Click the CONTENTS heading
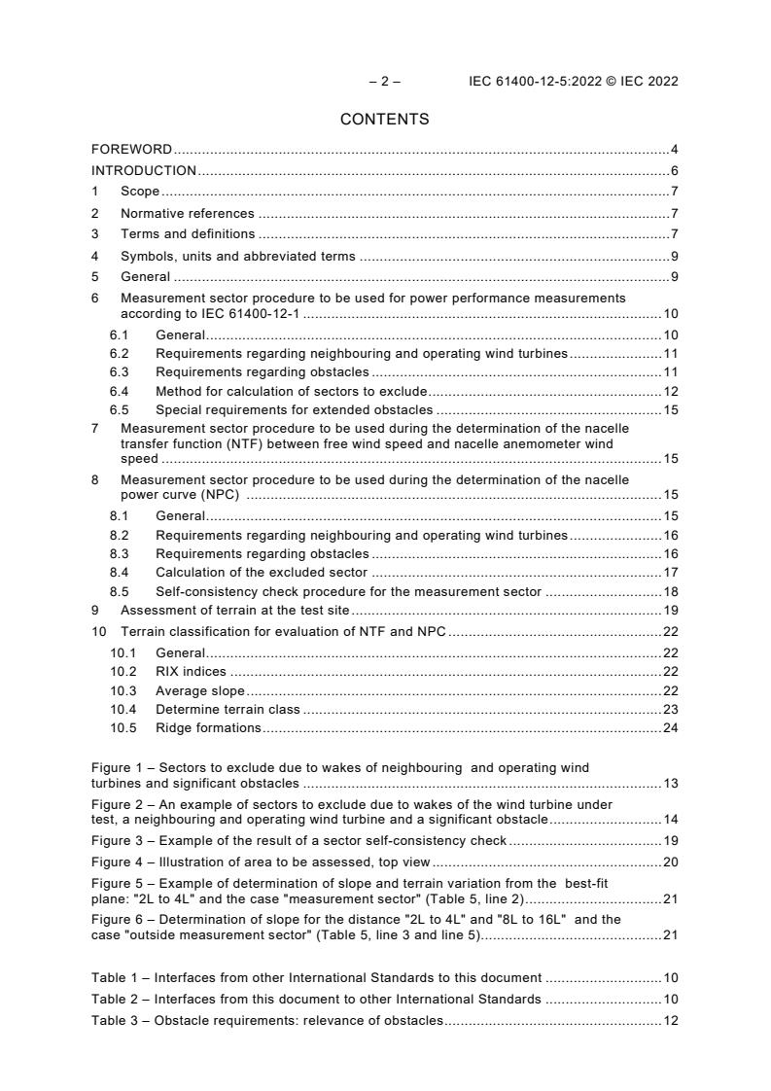tap(384, 120)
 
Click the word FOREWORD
tap(131, 150)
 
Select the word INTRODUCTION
tap(144, 171)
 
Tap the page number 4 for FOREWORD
tap(674, 150)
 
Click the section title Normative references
tap(187, 213)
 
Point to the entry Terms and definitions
tap(187, 234)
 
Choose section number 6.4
tap(120, 392)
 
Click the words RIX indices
tap(191, 672)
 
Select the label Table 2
tap(115, 999)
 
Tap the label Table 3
tap(115, 1020)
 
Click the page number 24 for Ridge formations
tap(670, 727)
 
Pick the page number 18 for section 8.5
tap(670, 591)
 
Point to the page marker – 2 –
tap(384, 82)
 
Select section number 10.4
tap(123, 709)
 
